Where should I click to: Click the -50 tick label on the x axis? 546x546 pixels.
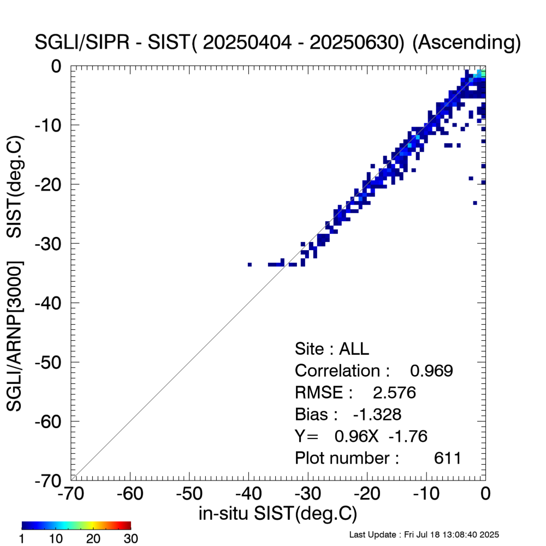[x=189, y=495]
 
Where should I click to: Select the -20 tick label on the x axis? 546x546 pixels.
[x=366, y=495]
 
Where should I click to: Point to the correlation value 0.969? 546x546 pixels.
[x=431, y=371]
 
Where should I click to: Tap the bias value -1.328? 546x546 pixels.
[x=377, y=415]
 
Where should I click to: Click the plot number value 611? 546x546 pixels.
[x=448, y=458]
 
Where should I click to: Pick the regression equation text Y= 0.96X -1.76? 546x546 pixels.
[x=361, y=436]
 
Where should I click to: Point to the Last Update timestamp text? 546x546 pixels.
[x=424, y=535]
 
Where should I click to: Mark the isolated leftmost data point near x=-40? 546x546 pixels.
[x=250, y=264]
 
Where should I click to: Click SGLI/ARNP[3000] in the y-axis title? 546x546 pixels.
[x=15, y=336]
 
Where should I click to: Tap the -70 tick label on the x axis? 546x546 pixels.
[x=70, y=495]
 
